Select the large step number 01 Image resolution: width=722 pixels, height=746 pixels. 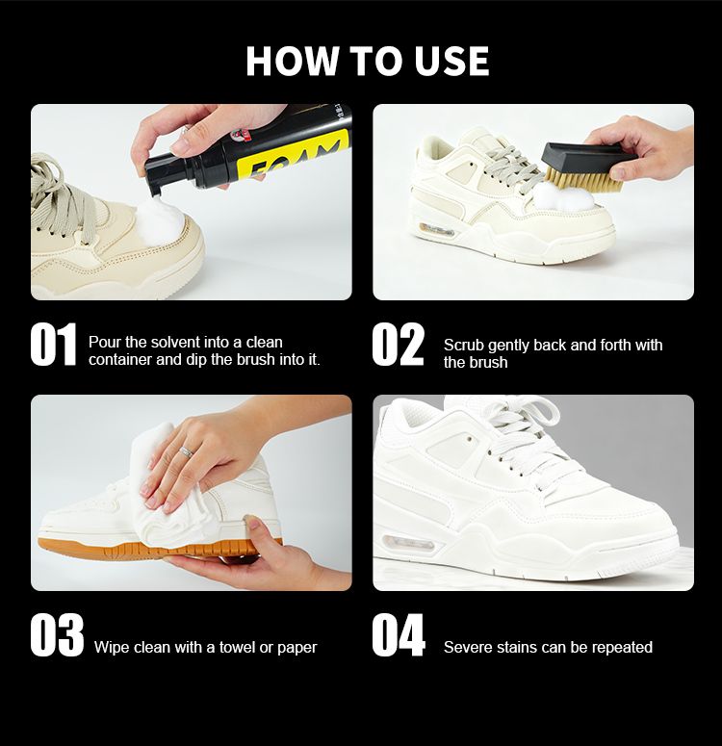[53, 344]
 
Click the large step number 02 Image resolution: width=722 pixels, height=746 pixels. [398, 344]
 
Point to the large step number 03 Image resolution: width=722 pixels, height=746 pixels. [57, 635]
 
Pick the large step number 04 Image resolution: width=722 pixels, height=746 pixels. [399, 635]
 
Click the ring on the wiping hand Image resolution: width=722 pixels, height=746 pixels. [187, 451]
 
